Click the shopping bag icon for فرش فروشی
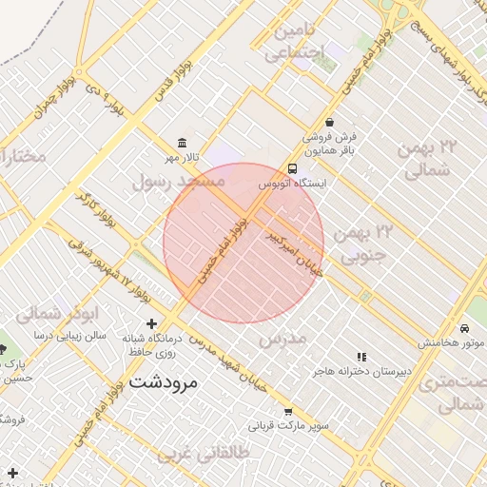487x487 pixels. (x=329, y=122)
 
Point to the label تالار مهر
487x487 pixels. (x=183, y=156)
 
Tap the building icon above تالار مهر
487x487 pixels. (x=182, y=142)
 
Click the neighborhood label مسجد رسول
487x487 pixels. (x=178, y=179)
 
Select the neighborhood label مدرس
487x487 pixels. (x=283, y=340)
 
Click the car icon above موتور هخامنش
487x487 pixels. (x=464, y=328)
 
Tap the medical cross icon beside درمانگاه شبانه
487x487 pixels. (x=151, y=324)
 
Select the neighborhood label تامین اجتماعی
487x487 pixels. (x=298, y=42)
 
